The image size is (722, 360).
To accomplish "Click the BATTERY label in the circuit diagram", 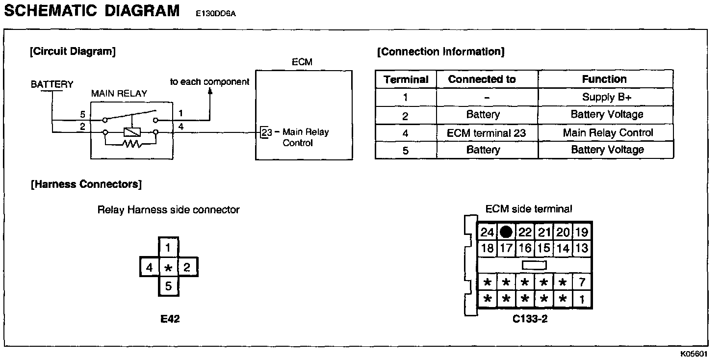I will pos(52,84).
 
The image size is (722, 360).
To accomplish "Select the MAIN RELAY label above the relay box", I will pos(119,93).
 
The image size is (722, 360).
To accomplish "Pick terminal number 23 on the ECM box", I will pos(266,132).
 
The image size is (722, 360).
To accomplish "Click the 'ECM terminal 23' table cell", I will pos(483,132).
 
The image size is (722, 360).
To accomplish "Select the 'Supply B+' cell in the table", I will pos(606,97).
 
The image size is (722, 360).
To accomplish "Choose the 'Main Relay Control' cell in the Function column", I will pos(607,132).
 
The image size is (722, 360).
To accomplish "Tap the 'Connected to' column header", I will pos(482,79).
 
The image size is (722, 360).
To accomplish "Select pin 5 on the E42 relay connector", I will pos(168,286).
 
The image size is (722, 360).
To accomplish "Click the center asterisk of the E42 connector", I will pos(168,268).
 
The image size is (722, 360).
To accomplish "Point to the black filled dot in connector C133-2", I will pos(506,232).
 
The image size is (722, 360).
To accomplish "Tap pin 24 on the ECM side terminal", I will pos(487,232).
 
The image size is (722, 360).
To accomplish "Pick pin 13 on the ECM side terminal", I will pos(581,248).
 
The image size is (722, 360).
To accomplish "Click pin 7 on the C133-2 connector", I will pos(582,282).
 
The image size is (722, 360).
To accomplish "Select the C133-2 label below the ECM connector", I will pos(530,319).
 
